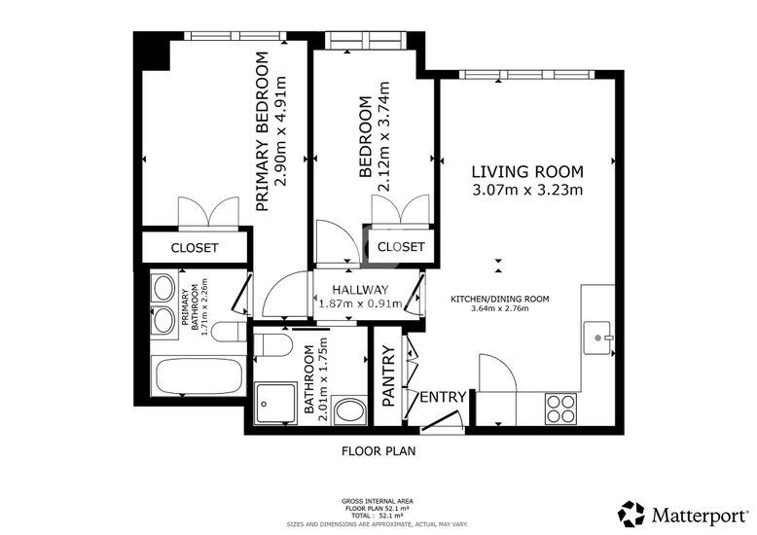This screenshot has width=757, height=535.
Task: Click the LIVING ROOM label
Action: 527,172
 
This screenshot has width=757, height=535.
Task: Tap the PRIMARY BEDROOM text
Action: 262,132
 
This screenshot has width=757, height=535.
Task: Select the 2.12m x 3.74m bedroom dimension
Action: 383,136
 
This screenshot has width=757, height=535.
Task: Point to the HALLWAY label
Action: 360,290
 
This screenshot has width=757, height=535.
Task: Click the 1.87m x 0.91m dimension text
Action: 360,303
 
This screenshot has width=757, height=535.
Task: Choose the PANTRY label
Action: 388,376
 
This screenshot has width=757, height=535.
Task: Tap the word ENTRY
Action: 443,397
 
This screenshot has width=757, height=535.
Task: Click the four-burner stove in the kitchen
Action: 560,409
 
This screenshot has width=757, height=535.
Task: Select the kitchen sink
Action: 597,338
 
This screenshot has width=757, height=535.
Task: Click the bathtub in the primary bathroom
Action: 196,375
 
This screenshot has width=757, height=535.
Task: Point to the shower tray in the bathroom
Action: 275,404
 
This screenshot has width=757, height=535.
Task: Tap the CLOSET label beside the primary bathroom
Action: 195,248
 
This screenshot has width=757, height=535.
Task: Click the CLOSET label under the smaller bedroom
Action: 401,247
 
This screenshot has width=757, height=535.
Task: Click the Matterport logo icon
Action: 631,514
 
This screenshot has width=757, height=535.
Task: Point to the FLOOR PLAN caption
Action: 378,451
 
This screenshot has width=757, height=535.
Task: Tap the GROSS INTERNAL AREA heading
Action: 378,501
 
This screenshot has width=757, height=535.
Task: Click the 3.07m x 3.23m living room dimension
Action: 527,190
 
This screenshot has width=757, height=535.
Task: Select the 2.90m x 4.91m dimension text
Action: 280,131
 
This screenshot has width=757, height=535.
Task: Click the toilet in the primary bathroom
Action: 230,332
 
